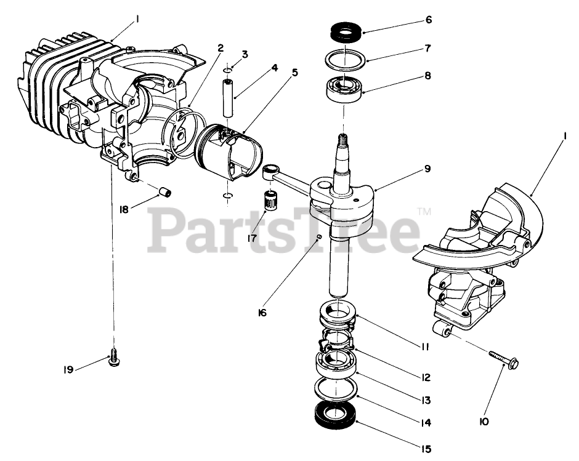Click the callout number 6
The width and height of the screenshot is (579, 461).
[428, 20]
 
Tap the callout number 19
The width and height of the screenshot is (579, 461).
[68, 369]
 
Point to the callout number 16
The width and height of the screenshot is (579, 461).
[262, 313]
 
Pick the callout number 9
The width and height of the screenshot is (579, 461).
[427, 168]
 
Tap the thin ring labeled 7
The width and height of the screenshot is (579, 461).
[345, 58]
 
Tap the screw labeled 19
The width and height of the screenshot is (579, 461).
[114, 357]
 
